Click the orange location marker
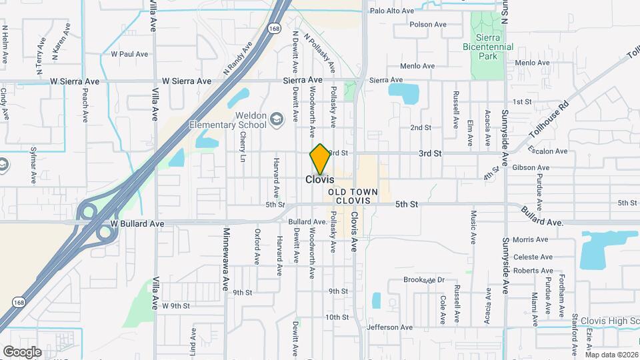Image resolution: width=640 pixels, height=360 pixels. click(320, 159)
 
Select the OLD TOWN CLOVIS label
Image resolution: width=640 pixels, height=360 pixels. click(353, 196)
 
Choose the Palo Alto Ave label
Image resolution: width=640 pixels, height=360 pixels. click(392, 11)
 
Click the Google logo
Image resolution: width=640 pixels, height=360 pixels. click(21, 351)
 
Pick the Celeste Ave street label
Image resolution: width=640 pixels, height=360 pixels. click(537, 257)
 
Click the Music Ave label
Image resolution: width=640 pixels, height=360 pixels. click(473, 227)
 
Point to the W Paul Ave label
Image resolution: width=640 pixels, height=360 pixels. click(129, 53)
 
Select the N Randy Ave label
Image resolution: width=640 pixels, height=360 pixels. click(239, 58)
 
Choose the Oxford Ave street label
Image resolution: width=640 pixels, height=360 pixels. click(256, 245)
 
